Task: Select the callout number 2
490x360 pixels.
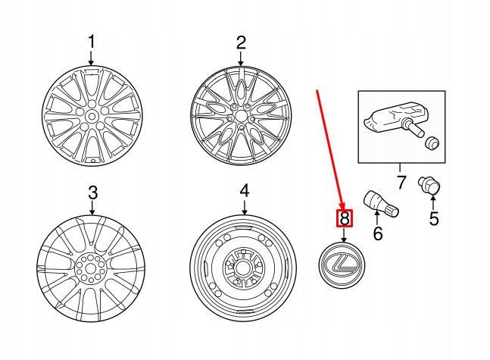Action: (x=241, y=42)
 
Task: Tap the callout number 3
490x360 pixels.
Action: (x=92, y=193)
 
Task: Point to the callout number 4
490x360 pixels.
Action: (x=244, y=189)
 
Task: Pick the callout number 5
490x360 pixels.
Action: (x=434, y=220)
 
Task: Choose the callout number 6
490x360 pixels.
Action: (x=378, y=233)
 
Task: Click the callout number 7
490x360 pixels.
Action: (x=401, y=183)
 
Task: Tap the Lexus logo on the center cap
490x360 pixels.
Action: (x=344, y=266)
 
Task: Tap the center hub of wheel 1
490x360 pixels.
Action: (x=91, y=115)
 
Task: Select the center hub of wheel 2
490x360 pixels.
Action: (x=240, y=116)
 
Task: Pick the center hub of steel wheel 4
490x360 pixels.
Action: (x=242, y=267)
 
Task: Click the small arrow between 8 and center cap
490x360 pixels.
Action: (x=345, y=236)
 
